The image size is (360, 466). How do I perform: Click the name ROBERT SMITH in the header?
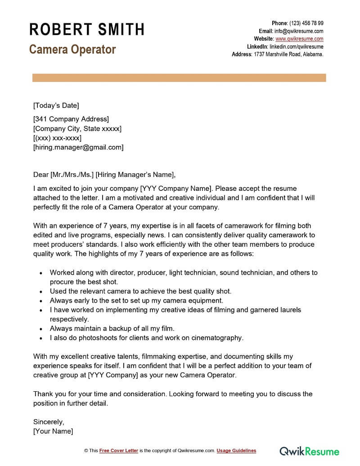coord(87,30)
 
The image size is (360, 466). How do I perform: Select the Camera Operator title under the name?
coord(72,49)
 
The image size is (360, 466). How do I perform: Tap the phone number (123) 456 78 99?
coord(306,23)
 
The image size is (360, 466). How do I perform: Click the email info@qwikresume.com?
coord(299,31)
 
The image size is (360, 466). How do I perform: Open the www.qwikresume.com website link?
coord(299,39)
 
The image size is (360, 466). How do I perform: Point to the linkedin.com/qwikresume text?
coord(296,46)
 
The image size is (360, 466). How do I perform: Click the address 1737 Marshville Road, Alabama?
coord(288,54)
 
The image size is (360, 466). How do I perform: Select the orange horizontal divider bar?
coord(179,78)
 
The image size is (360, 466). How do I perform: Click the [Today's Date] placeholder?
coord(56,106)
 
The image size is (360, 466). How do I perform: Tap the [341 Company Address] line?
coord(71,119)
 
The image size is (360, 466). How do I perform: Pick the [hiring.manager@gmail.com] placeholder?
coord(78,147)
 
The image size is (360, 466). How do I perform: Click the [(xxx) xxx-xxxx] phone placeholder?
coord(57,138)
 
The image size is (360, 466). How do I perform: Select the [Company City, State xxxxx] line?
coord(77,129)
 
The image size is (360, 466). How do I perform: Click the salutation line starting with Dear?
coord(104,175)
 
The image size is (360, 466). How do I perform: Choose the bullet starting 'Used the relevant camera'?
coord(140,291)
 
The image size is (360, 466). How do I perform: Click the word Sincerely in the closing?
coord(49,422)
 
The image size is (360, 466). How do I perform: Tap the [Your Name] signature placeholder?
coord(53,431)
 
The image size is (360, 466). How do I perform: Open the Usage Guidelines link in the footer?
coord(236,451)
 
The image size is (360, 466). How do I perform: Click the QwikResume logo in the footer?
coord(310,451)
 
